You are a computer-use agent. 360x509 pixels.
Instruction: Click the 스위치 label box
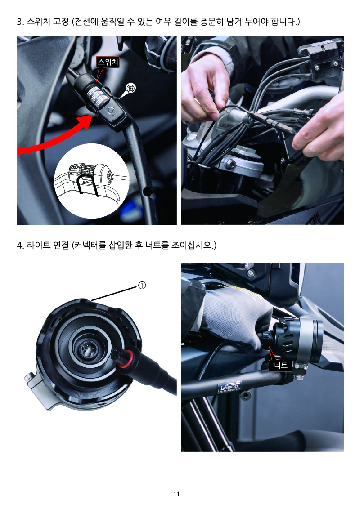[x=108, y=62]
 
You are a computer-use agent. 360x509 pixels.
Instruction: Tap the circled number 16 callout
[x=130, y=88]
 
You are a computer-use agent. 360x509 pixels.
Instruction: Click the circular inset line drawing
[x=91, y=181]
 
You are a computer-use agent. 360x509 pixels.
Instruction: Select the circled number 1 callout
[x=142, y=286]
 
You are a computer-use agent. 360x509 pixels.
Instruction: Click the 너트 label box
[x=281, y=366]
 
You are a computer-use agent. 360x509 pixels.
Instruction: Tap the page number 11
[x=176, y=494]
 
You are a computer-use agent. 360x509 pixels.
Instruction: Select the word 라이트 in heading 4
[x=38, y=245]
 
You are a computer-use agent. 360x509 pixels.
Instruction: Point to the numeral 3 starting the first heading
[x=20, y=22]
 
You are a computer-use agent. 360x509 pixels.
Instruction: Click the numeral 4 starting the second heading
[x=20, y=246]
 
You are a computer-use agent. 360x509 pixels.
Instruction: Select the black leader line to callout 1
[x=114, y=294]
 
